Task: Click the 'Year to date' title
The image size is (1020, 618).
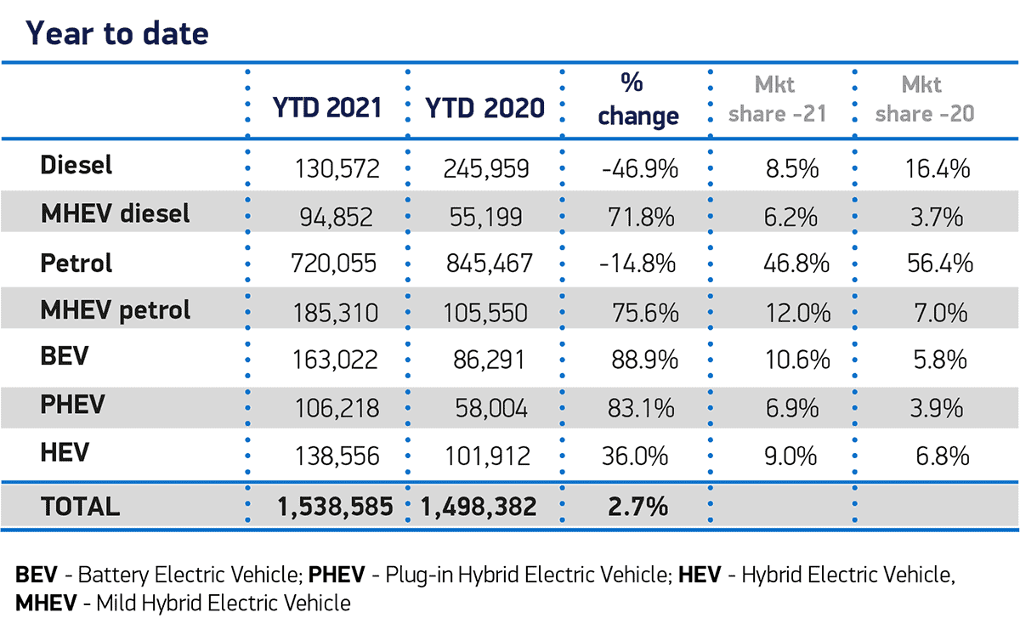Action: coord(116,33)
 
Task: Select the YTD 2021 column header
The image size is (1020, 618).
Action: coord(326,108)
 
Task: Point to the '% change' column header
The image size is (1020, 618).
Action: coord(638,99)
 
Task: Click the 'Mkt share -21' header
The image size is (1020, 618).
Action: coord(779,99)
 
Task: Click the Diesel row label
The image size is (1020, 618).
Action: coord(76,165)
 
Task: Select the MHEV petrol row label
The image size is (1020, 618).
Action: coord(116,310)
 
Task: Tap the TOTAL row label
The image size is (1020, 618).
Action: coord(80,507)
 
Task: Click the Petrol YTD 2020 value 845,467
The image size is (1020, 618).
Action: coord(488,264)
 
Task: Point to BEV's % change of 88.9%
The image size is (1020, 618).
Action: coord(645,360)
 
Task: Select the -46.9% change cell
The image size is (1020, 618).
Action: coord(639,169)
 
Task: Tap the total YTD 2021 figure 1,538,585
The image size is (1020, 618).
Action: coord(335,507)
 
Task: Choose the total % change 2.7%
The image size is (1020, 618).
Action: coord(637,507)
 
